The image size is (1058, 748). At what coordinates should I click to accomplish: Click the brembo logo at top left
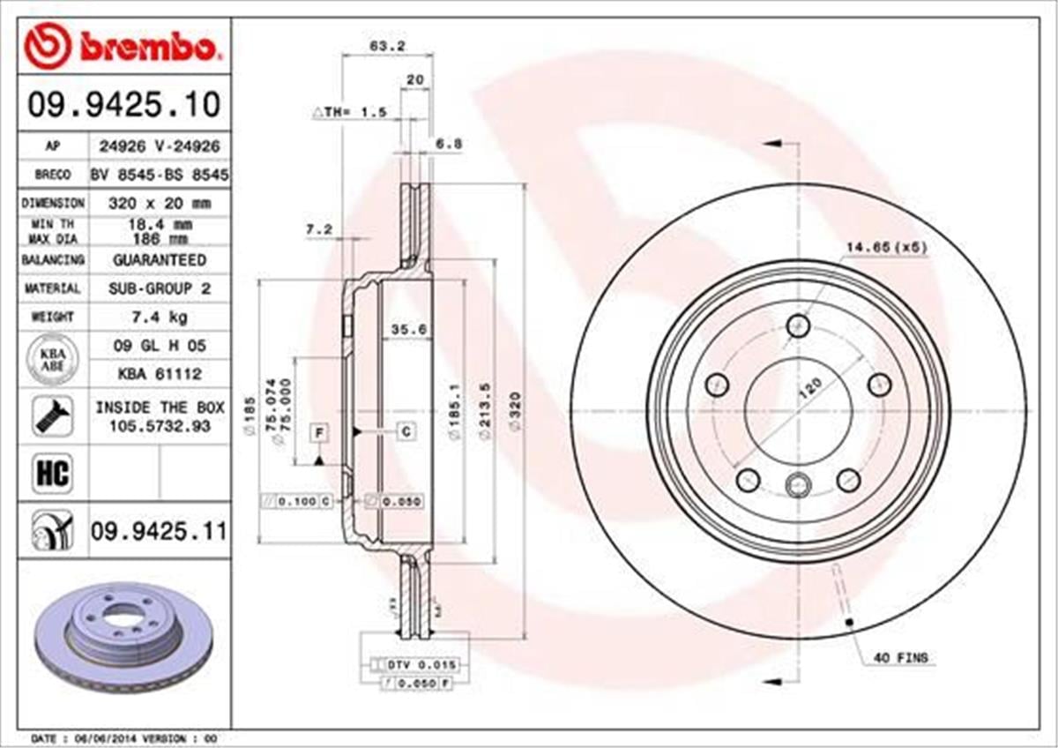coord(122,48)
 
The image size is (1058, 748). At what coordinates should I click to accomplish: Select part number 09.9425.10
coord(123,106)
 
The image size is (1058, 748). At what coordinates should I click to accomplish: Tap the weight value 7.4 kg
coord(159,316)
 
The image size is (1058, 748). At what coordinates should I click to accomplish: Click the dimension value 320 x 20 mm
coord(159,203)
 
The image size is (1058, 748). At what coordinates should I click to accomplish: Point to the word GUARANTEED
coord(159,260)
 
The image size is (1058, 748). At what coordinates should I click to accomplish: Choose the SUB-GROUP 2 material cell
coord(159,288)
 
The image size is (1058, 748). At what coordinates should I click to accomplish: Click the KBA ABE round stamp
coord(53,360)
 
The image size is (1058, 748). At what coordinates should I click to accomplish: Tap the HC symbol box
coord(51,474)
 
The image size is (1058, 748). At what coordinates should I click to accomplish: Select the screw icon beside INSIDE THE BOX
coord(52,415)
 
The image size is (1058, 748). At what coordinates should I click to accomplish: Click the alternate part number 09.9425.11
coord(159,531)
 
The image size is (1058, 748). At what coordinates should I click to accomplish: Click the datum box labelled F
coord(319,431)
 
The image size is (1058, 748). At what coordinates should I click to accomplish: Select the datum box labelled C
coord(406,431)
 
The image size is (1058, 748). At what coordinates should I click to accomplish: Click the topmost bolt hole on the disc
coord(799,325)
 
